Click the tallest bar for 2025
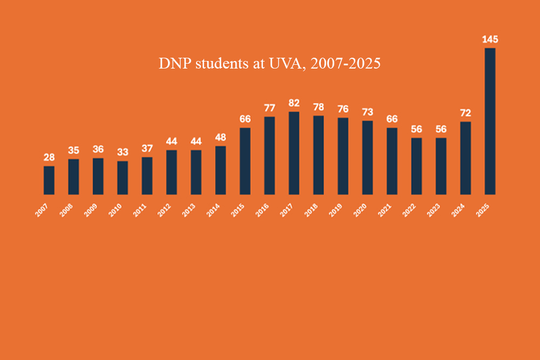(490, 121)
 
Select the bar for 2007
(49, 180)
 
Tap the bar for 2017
(294, 153)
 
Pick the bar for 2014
(220, 170)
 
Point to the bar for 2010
(123, 178)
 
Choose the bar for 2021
(392, 161)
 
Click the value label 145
(490, 39)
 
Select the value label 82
(294, 103)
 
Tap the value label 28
(49, 157)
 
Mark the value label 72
(465, 113)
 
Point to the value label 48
(220, 137)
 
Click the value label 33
(123, 152)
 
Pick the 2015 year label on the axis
(238, 210)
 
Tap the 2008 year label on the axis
(66, 210)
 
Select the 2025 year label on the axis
(483, 210)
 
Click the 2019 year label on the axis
(336, 210)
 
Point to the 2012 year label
(164, 210)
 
